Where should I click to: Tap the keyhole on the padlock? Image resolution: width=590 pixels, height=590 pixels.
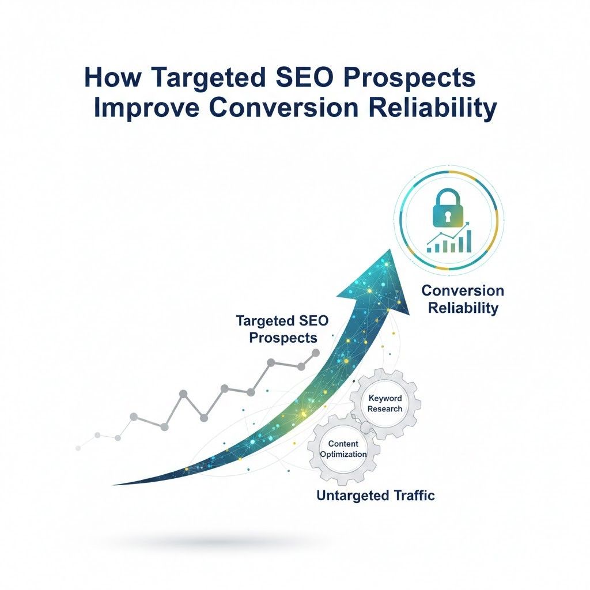(x=448, y=213)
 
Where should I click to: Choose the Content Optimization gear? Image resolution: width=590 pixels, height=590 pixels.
(x=343, y=449)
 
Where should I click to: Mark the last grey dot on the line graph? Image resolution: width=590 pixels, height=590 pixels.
(x=315, y=352)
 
